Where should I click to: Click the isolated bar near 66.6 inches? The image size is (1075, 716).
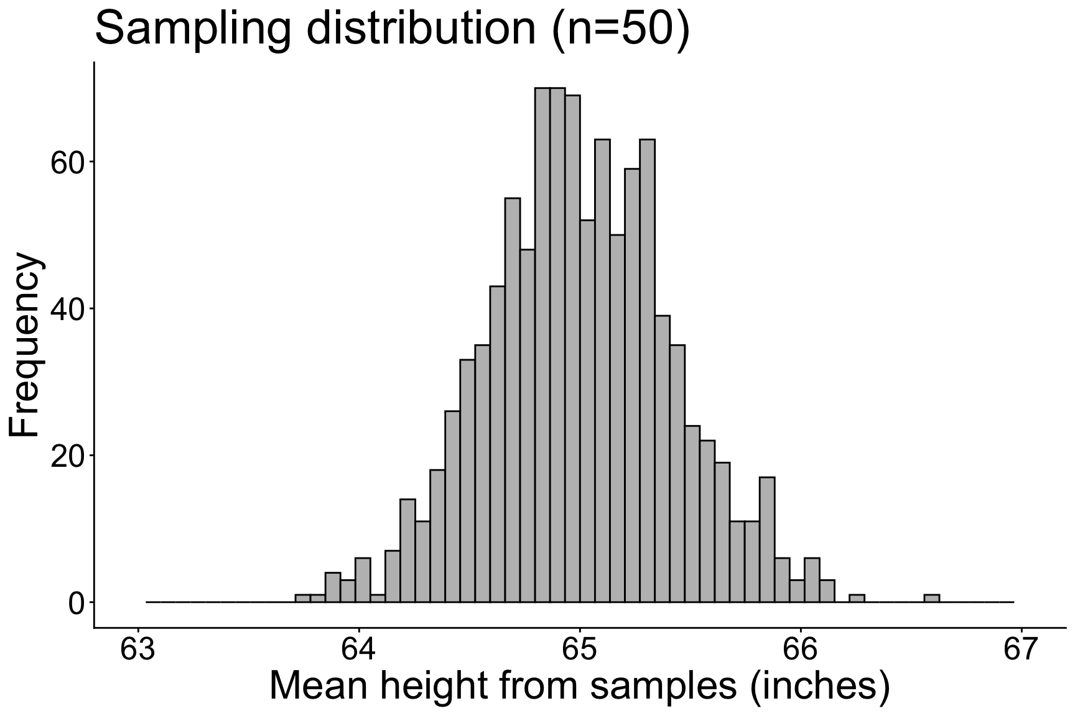tap(931, 599)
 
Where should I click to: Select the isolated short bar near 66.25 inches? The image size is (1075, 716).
tap(857, 599)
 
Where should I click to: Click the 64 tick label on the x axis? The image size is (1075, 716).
tap(358, 651)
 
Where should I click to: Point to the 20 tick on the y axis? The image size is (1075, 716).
tap(67, 456)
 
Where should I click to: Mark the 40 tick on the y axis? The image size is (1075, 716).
tap(67, 310)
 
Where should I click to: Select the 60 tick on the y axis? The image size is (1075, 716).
tap(67, 163)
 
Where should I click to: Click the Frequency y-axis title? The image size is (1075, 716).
tap(26, 346)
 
